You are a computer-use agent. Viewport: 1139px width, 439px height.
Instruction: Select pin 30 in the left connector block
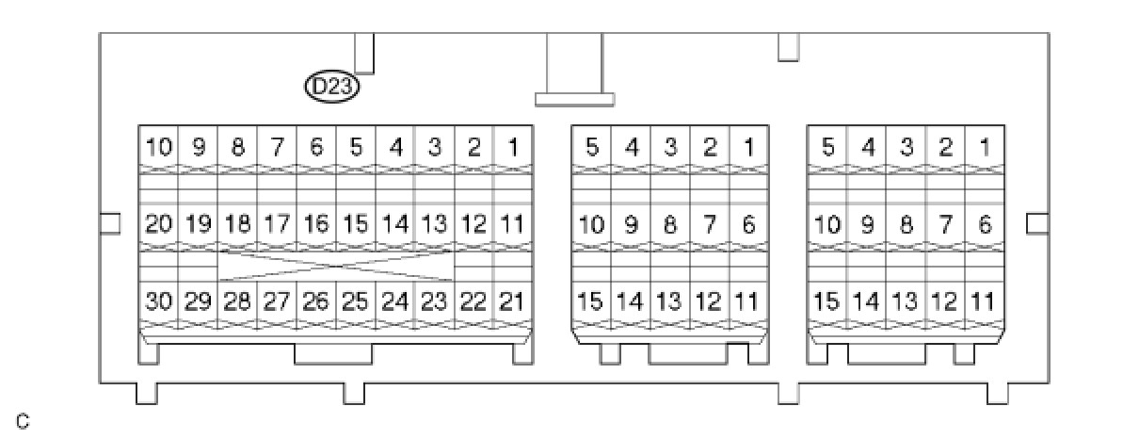pos(159,301)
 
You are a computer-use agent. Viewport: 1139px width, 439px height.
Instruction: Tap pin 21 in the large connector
pos(512,301)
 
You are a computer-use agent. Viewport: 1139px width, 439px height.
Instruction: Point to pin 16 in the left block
pos(316,225)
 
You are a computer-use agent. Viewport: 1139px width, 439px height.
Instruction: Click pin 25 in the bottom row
pos(355,301)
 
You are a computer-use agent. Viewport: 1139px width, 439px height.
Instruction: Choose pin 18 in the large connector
pos(238,225)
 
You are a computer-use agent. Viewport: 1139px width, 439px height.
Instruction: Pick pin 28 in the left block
pos(238,301)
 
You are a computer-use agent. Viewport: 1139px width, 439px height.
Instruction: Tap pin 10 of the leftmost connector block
pos(159,148)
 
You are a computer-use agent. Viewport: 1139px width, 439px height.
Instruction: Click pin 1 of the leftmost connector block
pos(512,148)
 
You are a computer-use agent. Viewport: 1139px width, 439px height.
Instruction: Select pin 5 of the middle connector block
pos(591,148)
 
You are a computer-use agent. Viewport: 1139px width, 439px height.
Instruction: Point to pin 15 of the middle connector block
pos(591,301)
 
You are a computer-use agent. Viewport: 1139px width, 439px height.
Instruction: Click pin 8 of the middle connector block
pos(669,225)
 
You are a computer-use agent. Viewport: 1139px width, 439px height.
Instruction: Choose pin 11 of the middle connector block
pos(747,301)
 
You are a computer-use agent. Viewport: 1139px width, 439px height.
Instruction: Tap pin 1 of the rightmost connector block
pos(984,148)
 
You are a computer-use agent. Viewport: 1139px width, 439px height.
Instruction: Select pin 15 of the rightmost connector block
pos(826,301)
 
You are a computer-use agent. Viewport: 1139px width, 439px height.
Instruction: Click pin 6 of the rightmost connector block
pos(984,225)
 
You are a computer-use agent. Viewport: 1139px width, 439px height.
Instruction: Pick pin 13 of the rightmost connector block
pos(905,301)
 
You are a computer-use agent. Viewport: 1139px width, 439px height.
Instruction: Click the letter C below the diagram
pos(23,421)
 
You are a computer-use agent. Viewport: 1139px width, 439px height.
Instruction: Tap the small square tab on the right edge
pos(1036,222)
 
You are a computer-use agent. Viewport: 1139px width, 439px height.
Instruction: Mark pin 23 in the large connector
pos(434,301)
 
